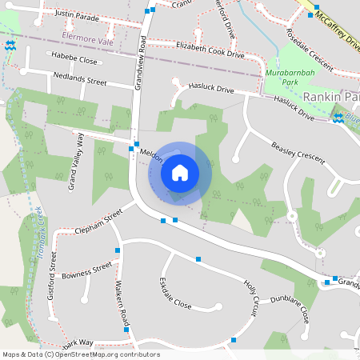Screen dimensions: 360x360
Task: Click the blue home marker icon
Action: [179, 172]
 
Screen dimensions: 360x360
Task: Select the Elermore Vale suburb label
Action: [89, 38]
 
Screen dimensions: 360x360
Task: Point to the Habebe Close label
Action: [74, 60]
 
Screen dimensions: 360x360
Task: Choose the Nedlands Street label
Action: [79, 82]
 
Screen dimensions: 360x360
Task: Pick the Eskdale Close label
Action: [175, 294]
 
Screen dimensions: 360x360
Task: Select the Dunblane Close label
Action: [289, 308]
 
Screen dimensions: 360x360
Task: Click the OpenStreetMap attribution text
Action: [81, 354]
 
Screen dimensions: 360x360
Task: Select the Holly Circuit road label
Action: [251, 297]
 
